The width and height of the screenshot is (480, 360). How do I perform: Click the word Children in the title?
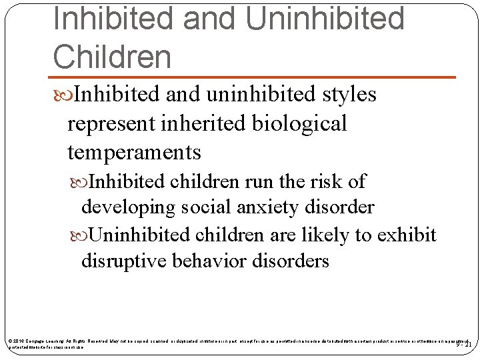click(112, 57)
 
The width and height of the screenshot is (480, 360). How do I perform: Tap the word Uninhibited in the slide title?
click(325, 18)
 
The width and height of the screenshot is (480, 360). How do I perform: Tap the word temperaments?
click(134, 153)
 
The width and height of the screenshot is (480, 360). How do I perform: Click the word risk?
click(313, 181)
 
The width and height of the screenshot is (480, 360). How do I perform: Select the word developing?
click(122, 207)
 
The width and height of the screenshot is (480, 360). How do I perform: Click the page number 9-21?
click(463, 344)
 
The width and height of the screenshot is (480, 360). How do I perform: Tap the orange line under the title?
click(253, 77)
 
